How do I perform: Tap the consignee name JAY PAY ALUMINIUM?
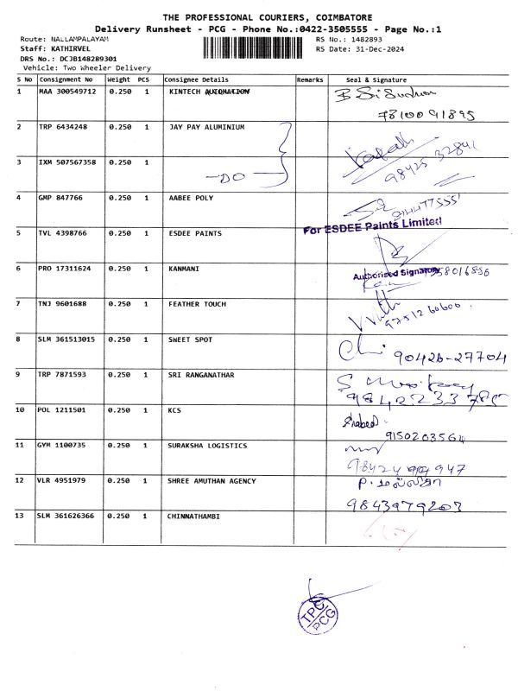click(207, 127)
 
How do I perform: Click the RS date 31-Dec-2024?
click(381, 49)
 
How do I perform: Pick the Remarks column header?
click(309, 79)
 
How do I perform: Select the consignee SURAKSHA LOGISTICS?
click(207, 446)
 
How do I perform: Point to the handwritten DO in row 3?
click(233, 178)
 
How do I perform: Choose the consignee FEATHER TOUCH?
click(197, 304)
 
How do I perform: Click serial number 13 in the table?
click(22, 517)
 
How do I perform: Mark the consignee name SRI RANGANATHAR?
click(201, 375)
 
